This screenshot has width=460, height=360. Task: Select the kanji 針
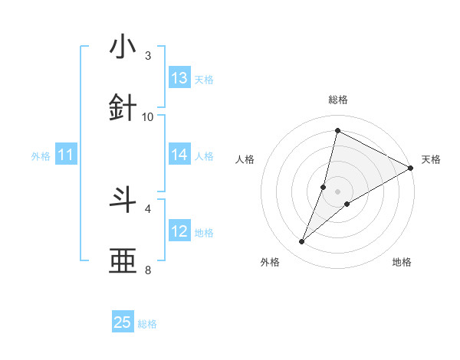point(123,108)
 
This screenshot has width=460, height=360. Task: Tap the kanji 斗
point(123,200)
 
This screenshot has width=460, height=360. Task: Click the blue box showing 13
point(179,78)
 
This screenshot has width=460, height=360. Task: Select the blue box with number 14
point(179,155)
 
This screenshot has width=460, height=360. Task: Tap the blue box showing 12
point(179,231)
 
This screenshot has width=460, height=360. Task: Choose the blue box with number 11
point(66,155)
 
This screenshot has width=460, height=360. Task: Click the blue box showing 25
point(123,322)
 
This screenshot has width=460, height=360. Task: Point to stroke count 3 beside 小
point(148,56)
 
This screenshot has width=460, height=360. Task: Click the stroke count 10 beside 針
point(148,116)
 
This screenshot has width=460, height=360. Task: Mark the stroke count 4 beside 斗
point(148,208)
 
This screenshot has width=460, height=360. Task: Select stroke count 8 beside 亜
point(148,270)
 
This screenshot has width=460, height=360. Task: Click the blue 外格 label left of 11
point(41,155)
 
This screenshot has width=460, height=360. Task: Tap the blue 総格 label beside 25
point(147,324)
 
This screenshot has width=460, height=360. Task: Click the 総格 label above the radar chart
point(337,100)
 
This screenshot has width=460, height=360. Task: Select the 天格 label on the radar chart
point(431,159)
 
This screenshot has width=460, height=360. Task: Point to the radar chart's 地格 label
point(402,262)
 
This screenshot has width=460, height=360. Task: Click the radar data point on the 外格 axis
point(302,242)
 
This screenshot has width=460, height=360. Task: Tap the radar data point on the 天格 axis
point(411,168)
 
